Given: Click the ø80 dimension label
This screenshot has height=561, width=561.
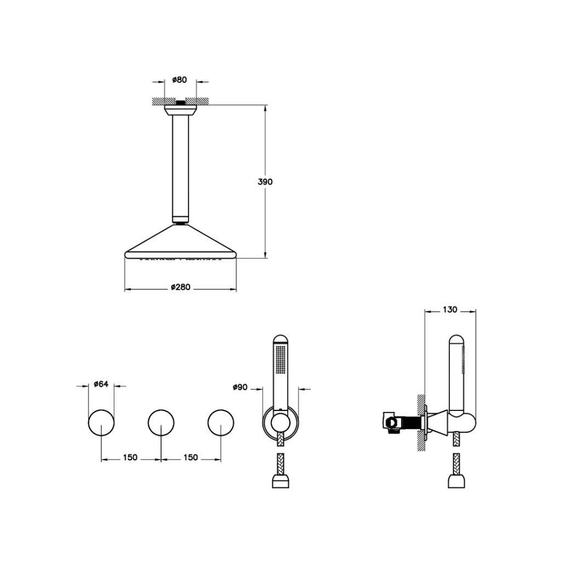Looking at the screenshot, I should (179, 80).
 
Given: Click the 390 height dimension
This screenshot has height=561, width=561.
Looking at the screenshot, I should (265, 182).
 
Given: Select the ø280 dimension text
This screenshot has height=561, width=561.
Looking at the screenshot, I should (180, 287).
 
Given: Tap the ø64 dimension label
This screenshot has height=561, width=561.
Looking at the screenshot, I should (100, 384).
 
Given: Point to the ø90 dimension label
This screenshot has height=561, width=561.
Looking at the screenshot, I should (240, 387).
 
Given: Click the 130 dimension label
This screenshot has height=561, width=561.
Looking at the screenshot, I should (449, 310).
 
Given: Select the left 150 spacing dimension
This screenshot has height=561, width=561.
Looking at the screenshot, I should (130, 457).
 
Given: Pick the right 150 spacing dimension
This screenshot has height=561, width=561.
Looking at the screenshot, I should (190, 457).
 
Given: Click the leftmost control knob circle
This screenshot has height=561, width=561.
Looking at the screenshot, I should (101, 422).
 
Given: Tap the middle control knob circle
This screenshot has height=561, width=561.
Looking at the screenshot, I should (161, 422).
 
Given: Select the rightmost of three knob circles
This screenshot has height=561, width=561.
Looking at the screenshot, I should (221, 422).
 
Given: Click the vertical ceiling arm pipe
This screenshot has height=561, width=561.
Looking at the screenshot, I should (180, 164).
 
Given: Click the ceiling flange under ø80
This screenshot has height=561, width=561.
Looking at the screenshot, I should (180, 110).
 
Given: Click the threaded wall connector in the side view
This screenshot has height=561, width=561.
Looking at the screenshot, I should (408, 422).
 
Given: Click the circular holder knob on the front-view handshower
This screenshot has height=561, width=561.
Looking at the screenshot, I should (280, 422).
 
